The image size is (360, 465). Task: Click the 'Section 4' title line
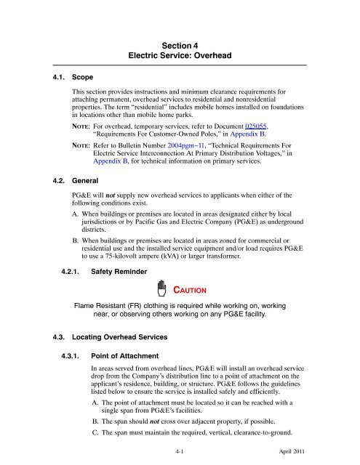[180, 44]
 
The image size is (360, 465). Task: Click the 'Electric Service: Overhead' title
[180, 55]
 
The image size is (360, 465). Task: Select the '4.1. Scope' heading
[47, 75]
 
